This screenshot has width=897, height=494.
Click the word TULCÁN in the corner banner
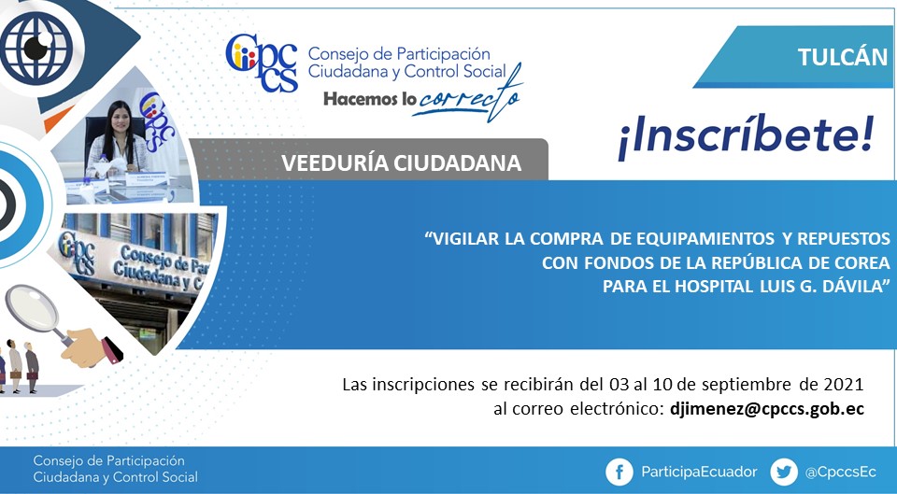[x=842, y=57]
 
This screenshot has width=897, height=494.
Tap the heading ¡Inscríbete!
[x=746, y=138]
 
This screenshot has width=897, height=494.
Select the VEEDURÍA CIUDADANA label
[x=401, y=163]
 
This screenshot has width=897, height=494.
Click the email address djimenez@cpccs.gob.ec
[x=766, y=409]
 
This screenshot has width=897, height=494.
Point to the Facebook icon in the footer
[x=619, y=473]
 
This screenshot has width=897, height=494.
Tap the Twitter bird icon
[x=784, y=473]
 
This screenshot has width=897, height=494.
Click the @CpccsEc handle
[x=840, y=473]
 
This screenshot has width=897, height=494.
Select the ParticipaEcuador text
[x=699, y=472]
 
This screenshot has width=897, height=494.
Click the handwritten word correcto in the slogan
[x=469, y=97]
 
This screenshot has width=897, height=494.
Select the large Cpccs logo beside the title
[x=262, y=63]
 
